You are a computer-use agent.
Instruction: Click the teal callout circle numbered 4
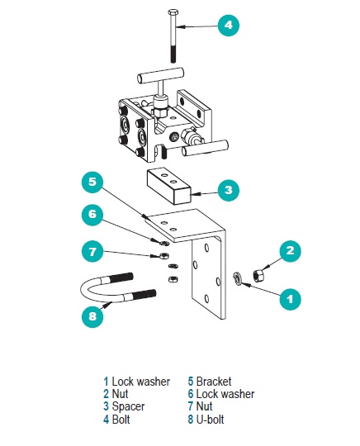pyautogui.click(x=229, y=26)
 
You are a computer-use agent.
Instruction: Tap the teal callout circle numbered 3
pyautogui.click(x=229, y=190)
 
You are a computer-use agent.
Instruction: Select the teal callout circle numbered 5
pyautogui.click(x=92, y=182)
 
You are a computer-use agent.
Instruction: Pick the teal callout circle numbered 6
pyautogui.click(x=92, y=214)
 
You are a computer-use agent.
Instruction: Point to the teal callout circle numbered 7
pyautogui.click(x=92, y=251)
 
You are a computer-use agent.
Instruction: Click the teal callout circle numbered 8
pyautogui.click(x=92, y=316)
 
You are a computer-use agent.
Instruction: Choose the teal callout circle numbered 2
pyautogui.click(x=290, y=251)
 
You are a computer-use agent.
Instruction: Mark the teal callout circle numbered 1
pyautogui.click(x=290, y=299)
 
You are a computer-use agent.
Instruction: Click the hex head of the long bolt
pyautogui.click(x=173, y=12)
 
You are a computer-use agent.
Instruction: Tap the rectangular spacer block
pyautogui.click(x=168, y=187)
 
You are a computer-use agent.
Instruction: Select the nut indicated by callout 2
pyautogui.click(x=258, y=276)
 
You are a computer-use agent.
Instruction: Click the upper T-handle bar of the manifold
pyautogui.click(x=160, y=76)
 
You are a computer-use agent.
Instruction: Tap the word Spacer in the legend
pyautogui.click(x=128, y=406)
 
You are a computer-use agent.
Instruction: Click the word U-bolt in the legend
pyautogui.click(x=210, y=420)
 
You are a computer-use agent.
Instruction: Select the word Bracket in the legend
pyautogui.click(x=214, y=382)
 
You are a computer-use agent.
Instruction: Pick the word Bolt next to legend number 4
pyautogui.click(x=121, y=420)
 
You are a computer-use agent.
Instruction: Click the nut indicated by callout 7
pyautogui.click(x=163, y=256)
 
